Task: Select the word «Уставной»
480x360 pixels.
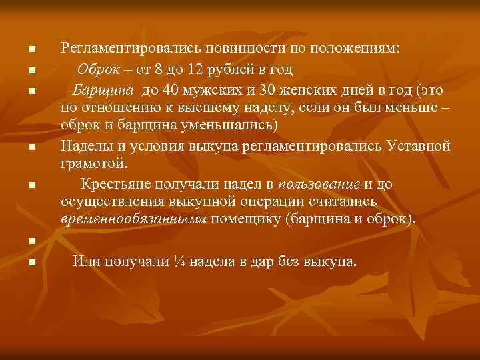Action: (419, 146)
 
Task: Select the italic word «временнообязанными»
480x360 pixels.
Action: (133, 219)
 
